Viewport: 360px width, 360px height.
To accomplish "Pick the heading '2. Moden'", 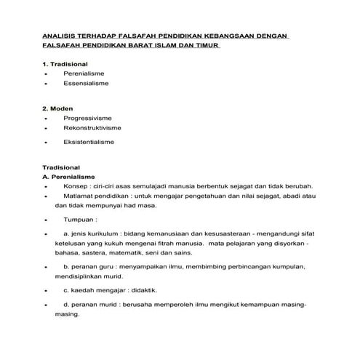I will tap(56, 108).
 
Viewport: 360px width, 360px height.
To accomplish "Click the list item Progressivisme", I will tap(89, 117).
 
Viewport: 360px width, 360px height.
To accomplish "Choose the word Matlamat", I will tap(81, 196).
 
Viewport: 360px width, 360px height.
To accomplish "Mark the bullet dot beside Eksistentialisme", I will tap(46, 143).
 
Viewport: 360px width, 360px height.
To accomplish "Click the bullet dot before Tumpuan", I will tap(46, 219).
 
